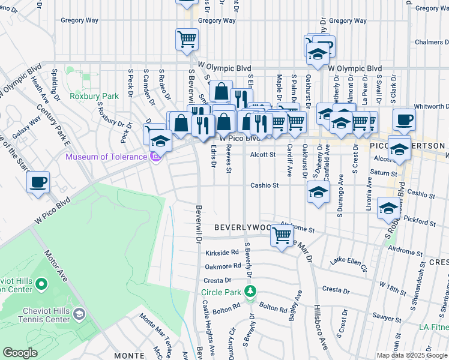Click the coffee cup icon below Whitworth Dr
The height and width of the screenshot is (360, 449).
(404, 119)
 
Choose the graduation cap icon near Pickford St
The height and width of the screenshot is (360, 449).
(388, 209)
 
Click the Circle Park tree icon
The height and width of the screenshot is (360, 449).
(250, 292)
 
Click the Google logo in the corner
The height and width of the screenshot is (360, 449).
(20, 353)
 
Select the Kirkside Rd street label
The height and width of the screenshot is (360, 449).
(222, 253)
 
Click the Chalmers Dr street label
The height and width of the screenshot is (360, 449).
(432, 43)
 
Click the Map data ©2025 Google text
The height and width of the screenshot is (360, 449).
(412, 355)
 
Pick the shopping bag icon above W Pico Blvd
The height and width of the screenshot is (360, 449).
(221, 92)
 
